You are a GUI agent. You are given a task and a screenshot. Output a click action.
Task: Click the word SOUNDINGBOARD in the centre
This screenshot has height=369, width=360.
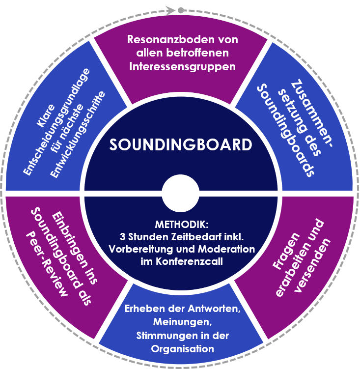click(x=180, y=145)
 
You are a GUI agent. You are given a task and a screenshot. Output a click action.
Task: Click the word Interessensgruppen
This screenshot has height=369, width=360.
click(x=182, y=66)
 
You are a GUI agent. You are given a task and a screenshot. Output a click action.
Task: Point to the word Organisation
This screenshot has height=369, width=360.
click(x=183, y=349)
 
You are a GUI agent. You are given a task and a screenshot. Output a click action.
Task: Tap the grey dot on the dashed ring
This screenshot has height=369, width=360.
click(x=181, y=9)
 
